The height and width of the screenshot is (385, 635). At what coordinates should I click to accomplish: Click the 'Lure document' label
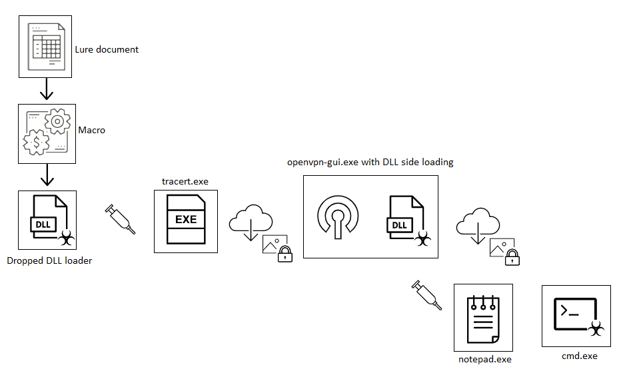tap(107, 49)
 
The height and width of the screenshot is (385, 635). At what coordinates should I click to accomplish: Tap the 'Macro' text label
tap(91, 130)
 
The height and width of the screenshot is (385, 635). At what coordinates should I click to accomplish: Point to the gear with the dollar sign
tap(36, 142)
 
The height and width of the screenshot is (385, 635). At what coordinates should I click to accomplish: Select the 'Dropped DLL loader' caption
tap(49, 260)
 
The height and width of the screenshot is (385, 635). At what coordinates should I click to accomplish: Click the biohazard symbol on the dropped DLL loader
tap(65, 236)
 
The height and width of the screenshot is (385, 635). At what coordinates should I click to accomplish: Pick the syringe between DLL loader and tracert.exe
tap(121, 220)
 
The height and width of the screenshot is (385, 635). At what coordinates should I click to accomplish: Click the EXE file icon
tap(186, 220)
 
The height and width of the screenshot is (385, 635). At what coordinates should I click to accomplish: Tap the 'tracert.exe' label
tap(185, 181)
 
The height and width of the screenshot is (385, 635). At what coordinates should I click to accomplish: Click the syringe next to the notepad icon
tap(427, 295)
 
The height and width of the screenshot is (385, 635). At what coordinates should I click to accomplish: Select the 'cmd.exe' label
tap(580, 356)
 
